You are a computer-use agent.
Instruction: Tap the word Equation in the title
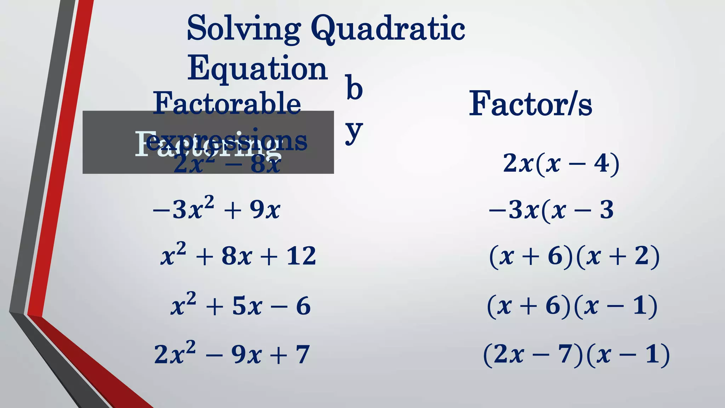coord(257,68)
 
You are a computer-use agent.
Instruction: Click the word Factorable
coord(227,103)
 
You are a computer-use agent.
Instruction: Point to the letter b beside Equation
coord(354,87)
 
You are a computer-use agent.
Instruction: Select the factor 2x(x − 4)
coord(561,164)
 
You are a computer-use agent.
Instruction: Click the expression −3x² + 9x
coord(217,209)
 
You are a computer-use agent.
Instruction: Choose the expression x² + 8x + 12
coord(238,255)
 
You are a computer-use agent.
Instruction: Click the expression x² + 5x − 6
coord(241,305)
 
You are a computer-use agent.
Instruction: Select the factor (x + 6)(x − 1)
coord(572,306)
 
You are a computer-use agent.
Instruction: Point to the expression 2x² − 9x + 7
coord(232,354)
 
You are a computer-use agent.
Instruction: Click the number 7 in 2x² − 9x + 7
coord(303,355)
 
